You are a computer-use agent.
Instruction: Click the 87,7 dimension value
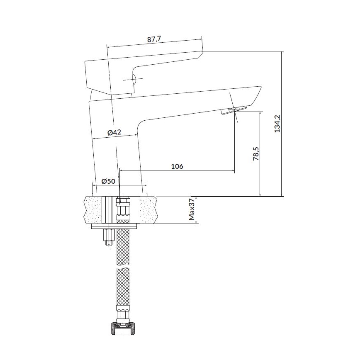pyautogui.click(x=154, y=39)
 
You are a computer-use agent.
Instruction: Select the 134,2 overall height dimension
pyautogui.click(x=277, y=124)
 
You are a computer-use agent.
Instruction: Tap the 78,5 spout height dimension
pyautogui.click(x=256, y=153)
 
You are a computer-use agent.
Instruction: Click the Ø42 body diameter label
pyautogui.click(x=114, y=132)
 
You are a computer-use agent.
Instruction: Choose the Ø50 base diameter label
pyautogui.click(x=108, y=181)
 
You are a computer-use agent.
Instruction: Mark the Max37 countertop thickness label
pyautogui.click(x=192, y=210)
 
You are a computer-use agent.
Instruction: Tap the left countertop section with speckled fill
pyautogui.click(x=93, y=210)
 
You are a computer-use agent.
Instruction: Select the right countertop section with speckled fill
pyautogui.click(x=149, y=210)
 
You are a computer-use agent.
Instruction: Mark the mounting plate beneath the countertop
pyautogui.click(x=120, y=226)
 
